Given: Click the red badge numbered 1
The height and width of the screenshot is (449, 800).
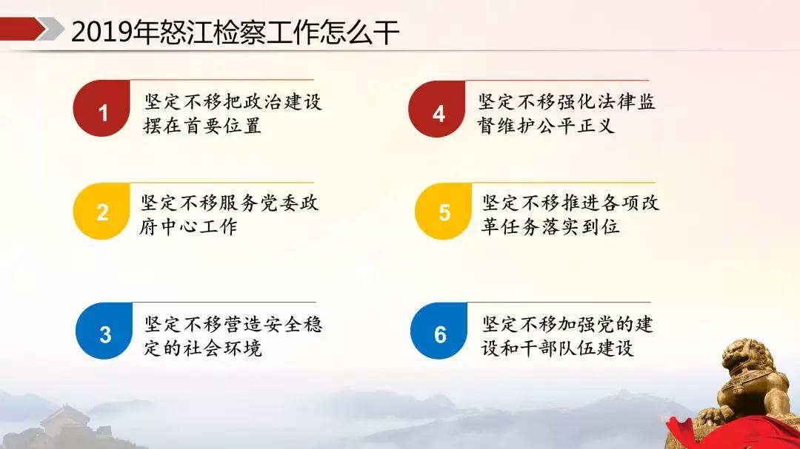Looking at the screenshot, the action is coord(102,109).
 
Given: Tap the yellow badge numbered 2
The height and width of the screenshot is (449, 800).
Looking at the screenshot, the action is coord(102,211).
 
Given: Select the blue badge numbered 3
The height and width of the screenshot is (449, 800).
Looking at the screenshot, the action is coord(104,331).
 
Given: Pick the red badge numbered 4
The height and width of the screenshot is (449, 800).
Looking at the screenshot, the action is coord(437,109).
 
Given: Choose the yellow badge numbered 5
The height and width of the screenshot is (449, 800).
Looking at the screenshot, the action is coord(444,211).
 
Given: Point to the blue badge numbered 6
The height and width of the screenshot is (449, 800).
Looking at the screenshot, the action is coord(439,331).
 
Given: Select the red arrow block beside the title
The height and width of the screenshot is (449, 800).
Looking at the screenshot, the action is coord(22,29).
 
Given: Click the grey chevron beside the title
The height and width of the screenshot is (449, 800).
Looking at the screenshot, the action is coord(52,29).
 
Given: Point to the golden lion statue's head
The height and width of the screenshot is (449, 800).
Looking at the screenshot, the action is coord(747,357).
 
